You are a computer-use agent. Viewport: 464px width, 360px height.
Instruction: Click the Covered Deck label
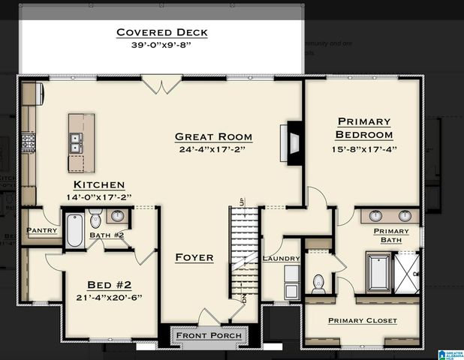161,32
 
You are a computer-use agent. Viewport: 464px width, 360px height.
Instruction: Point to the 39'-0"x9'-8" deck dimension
161,45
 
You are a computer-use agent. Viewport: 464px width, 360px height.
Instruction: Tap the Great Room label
213,137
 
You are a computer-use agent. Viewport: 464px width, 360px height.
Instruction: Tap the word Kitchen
98,184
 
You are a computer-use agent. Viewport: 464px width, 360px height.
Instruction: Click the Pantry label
42,230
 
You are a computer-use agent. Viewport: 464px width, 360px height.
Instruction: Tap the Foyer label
194,257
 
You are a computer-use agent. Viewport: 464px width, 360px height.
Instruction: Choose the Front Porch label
209,335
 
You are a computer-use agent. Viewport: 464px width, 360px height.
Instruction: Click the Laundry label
282,259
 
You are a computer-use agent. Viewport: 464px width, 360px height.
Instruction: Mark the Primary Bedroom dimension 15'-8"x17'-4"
364,148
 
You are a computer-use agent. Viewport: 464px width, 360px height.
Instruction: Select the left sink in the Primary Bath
377,216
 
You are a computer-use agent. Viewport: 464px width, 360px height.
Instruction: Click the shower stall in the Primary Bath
408,273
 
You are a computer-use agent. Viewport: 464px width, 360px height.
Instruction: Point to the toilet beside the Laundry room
318,283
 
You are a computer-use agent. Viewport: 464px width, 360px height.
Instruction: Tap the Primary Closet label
363,320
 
